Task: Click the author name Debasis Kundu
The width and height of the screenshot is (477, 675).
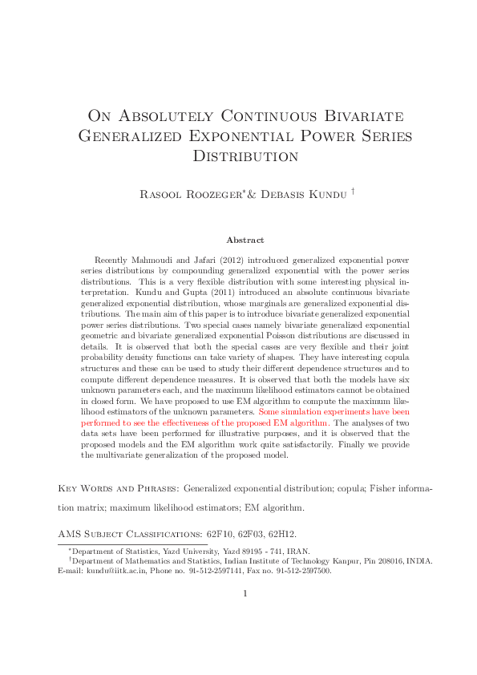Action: click(304, 194)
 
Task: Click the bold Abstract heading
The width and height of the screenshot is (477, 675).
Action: click(245, 240)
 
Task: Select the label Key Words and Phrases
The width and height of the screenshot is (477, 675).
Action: click(119, 488)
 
